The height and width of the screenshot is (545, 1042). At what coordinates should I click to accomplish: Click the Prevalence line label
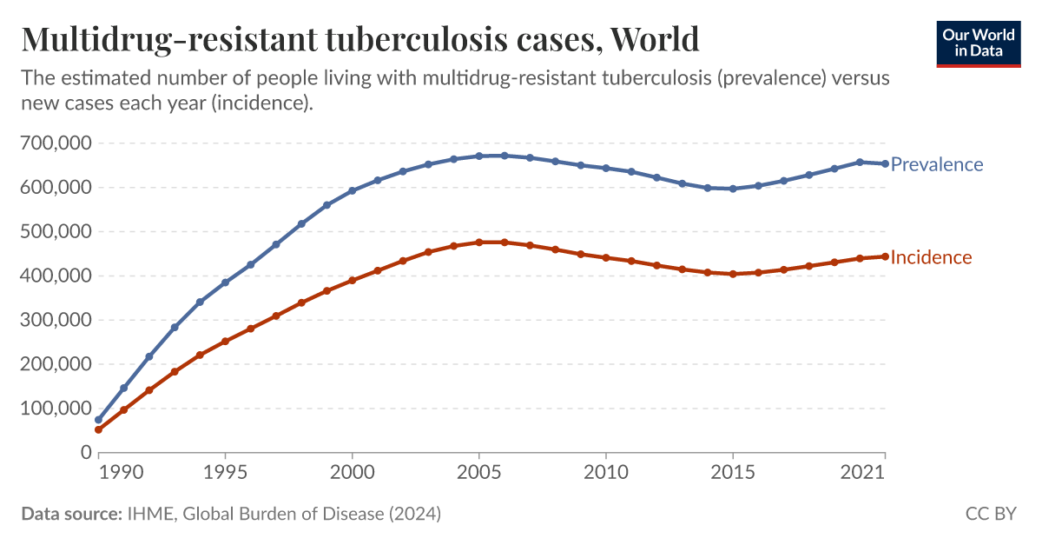pyautogui.click(x=937, y=164)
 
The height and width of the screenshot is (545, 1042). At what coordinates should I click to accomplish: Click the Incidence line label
pyautogui.click(x=931, y=257)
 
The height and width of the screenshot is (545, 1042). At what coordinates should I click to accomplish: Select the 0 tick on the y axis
pyautogui.click(x=85, y=452)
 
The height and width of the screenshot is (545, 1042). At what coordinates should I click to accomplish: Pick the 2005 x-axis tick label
pyautogui.click(x=478, y=474)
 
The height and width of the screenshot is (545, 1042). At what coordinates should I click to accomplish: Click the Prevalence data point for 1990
pyautogui.click(x=98, y=420)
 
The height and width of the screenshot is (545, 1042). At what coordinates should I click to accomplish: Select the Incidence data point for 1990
pyautogui.click(x=98, y=429)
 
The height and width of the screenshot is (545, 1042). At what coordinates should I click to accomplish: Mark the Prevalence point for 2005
pyautogui.click(x=478, y=156)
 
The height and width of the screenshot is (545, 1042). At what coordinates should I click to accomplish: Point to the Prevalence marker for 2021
pyautogui.click(x=885, y=163)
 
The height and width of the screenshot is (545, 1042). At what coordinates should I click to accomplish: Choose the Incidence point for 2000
pyautogui.click(x=352, y=281)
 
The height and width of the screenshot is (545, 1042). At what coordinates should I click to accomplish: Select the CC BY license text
pyautogui.click(x=991, y=514)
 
